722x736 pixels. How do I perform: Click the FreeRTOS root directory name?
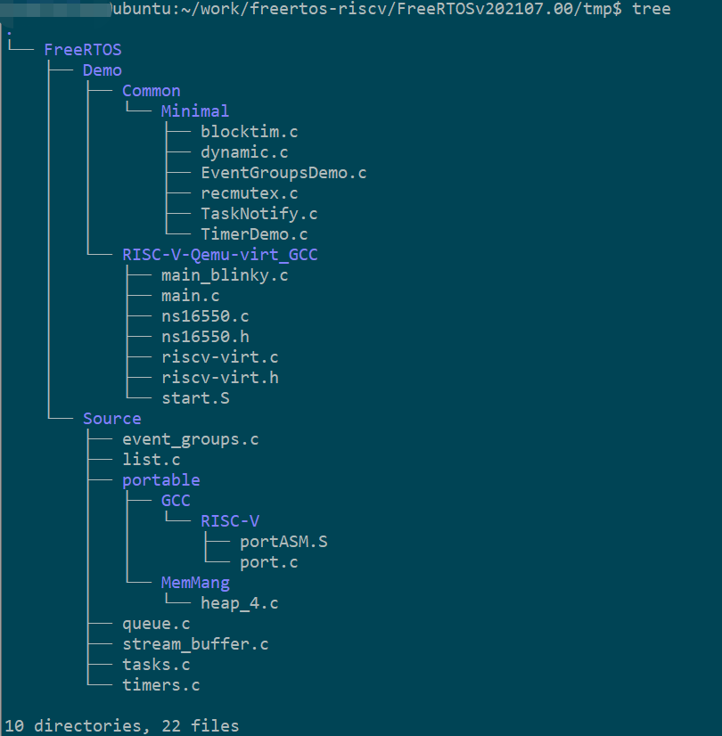(x=83, y=50)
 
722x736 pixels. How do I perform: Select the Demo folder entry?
(x=103, y=70)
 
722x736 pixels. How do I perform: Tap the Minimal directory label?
(x=195, y=111)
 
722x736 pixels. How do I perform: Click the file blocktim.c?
(x=250, y=132)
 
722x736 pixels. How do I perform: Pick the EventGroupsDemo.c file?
(x=283, y=173)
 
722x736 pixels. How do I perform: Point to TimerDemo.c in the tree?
(x=254, y=234)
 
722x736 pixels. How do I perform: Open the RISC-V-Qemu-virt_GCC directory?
(x=220, y=255)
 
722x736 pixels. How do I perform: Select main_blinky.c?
(x=225, y=275)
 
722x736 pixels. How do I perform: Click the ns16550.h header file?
(x=205, y=337)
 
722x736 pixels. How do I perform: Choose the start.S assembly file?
(x=195, y=398)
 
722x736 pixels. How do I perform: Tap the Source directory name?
(x=112, y=419)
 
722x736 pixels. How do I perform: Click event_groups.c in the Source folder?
(x=191, y=439)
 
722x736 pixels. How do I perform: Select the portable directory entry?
(x=161, y=480)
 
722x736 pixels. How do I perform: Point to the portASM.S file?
(x=283, y=542)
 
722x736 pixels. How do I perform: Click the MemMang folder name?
(x=195, y=583)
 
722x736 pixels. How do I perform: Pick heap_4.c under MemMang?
(x=240, y=603)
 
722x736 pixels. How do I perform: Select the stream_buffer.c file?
(x=195, y=644)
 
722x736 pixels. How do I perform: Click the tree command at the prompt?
(x=652, y=9)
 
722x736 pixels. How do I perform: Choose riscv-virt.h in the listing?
(x=220, y=378)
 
